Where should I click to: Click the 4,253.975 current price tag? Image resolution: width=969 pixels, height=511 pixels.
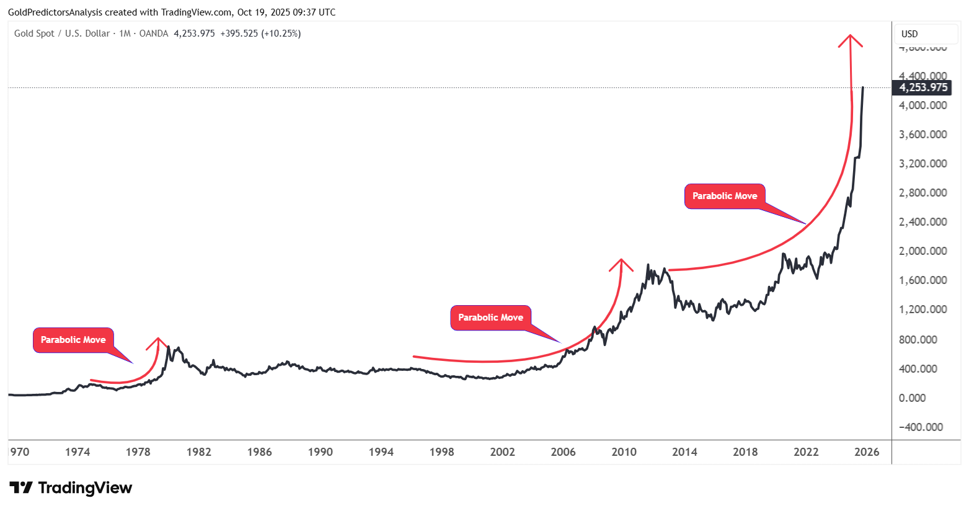923,87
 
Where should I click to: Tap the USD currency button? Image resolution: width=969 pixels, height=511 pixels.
909,34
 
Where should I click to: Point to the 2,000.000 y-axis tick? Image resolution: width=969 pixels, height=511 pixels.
923,251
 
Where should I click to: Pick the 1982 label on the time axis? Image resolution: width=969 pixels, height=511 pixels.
198,452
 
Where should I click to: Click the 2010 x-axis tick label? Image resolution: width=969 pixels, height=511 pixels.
624,452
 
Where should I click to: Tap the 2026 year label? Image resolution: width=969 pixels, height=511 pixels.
866,452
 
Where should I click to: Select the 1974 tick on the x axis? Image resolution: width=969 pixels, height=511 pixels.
77,452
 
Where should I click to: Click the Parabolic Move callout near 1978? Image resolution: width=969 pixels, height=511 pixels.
73,340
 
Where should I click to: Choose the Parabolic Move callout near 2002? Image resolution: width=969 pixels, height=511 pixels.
490,318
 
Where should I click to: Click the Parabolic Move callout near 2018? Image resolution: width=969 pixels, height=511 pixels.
725,196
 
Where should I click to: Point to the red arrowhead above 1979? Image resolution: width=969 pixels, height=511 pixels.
158,342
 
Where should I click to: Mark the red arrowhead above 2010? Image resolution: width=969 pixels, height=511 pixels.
621,263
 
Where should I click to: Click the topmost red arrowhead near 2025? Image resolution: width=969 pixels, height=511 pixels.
850,40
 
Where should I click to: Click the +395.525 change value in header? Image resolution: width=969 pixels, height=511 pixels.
239,33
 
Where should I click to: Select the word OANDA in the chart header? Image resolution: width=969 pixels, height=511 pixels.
154,33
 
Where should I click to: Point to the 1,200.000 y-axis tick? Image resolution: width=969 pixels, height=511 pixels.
923,309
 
